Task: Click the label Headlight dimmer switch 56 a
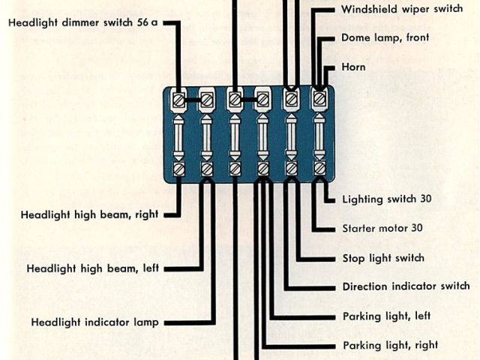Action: [82, 23]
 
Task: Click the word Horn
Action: [353, 67]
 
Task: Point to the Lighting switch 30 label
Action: [387, 199]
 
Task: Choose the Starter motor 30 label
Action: [382, 228]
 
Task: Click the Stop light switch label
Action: [383, 258]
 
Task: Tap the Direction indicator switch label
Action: [406, 286]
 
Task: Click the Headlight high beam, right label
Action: [89, 214]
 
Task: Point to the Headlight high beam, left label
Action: [92, 268]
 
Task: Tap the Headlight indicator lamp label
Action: [94, 322]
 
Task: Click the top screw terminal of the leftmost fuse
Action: [179, 99]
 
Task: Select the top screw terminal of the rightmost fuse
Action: [319, 98]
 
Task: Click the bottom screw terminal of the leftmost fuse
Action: [179, 169]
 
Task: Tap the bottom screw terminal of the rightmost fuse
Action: [319, 169]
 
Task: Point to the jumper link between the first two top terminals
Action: [193, 99]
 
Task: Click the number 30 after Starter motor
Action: [417, 228]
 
